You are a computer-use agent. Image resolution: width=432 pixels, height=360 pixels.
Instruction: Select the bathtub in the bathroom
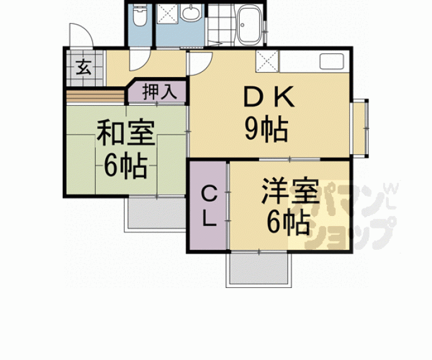[251, 23]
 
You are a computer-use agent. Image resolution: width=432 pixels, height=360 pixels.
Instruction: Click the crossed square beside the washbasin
[167, 14]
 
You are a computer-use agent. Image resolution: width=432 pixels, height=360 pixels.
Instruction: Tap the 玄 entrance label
[83, 66]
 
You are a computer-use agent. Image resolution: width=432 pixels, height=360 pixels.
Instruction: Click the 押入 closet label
[157, 92]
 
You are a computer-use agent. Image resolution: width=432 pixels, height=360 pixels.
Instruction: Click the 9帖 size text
[265, 130]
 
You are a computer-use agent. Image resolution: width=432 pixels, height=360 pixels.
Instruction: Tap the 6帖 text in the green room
[125, 167]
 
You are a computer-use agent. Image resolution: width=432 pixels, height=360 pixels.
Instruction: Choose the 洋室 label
[289, 191]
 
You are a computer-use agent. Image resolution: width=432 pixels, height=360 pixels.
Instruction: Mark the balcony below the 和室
[157, 215]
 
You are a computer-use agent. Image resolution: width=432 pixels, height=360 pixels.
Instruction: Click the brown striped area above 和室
[95, 96]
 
